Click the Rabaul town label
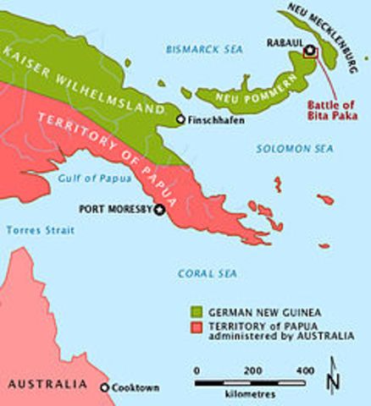[x=284, y=41]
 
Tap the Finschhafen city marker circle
[x=180, y=120]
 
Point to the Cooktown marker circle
[x=105, y=387]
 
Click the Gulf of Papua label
[x=90, y=178]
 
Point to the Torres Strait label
[x=40, y=230]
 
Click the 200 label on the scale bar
[x=252, y=370]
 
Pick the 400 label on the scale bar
[x=305, y=370]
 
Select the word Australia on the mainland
[x=47, y=384]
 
